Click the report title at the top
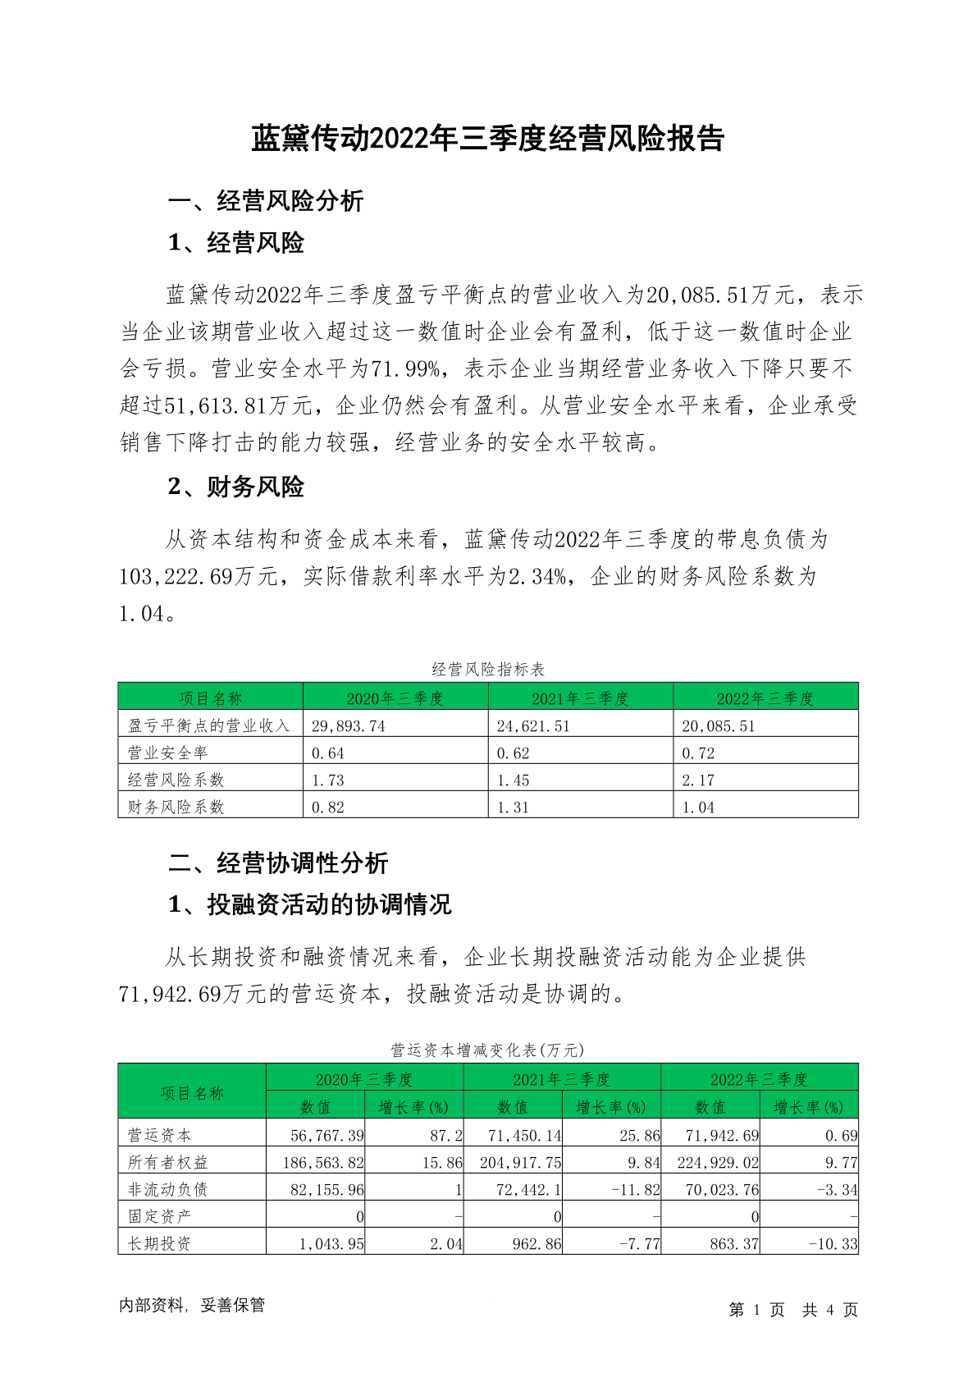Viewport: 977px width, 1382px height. pyautogui.click(x=487, y=139)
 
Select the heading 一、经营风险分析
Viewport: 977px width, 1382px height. pyautogui.click(x=265, y=201)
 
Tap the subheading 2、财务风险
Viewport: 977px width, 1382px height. pyautogui.click(x=235, y=487)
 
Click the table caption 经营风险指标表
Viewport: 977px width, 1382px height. pyautogui.click(x=488, y=669)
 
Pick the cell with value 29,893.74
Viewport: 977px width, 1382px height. pyautogui.click(x=349, y=725)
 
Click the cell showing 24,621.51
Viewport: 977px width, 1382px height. pyautogui.click(x=533, y=725)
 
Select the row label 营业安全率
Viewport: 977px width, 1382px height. pyautogui.click(x=167, y=753)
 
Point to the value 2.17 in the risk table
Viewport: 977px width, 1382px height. pyautogui.click(x=698, y=780)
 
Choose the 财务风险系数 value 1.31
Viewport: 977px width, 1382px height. pyautogui.click(x=514, y=807)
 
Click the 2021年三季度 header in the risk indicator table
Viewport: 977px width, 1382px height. pyautogui.click(x=580, y=698)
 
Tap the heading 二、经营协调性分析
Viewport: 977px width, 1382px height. pyautogui.click(x=277, y=863)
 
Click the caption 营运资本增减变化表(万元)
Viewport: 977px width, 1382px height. pyautogui.click(x=487, y=1050)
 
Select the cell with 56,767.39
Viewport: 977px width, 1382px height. pyautogui.click(x=327, y=1135)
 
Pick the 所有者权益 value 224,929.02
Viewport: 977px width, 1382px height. pyautogui.click(x=718, y=1162)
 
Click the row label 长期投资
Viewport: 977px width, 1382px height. pyautogui.click(x=159, y=1243)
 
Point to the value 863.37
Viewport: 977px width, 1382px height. pyautogui.click(x=734, y=1243)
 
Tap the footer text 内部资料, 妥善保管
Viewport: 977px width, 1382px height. pyautogui.click(x=192, y=1305)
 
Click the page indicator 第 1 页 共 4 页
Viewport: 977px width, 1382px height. pyautogui.click(x=793, y=1310)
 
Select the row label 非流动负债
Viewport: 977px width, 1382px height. pyautogui.click(x=167, y=1189)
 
